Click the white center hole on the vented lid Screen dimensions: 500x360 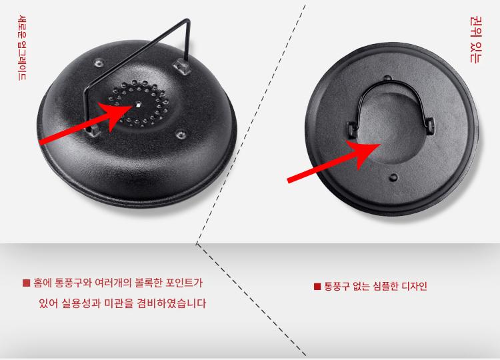pos(138,104)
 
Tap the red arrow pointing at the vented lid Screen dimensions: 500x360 pos(85,122)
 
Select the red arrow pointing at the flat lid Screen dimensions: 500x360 pos(333,161)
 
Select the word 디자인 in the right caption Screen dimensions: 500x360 pos(414,286)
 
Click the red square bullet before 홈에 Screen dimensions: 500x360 pos(26,283)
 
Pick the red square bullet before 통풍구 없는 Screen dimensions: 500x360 pos(317,287)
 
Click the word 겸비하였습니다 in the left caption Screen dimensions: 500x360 pos(171,303)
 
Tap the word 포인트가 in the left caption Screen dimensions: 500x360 pos(184,283)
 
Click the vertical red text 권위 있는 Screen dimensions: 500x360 pos(476,40)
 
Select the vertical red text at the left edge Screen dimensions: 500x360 pos(22,47)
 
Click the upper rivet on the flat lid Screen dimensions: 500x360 pos(387,78)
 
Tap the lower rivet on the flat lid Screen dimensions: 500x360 pos(394,177)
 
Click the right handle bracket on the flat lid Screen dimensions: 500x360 pos(429,125)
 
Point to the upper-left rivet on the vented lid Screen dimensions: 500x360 pos(99,63)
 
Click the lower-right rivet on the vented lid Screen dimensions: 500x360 pos(181,135)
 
